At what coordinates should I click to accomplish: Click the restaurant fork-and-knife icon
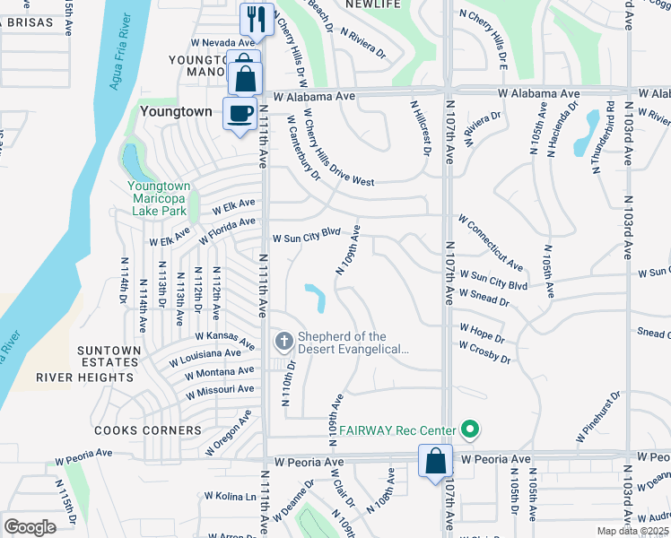click(x=257, y=17)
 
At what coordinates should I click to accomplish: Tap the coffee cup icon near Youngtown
click(x=240, y=113)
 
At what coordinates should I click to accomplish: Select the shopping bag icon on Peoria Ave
click(x=435, y=462)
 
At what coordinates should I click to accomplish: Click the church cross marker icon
click(x=283, y=341)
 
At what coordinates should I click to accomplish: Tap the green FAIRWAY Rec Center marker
click(x=468, y=430)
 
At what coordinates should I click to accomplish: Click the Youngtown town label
click(x=176, y=112)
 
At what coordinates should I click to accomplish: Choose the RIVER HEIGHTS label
click(x=85, y=377)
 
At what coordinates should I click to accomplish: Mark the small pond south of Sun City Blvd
click(x=315, y=293)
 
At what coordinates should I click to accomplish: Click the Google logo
click(x=30, y=526)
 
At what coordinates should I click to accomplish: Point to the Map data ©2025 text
click(x=631, y=531)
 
